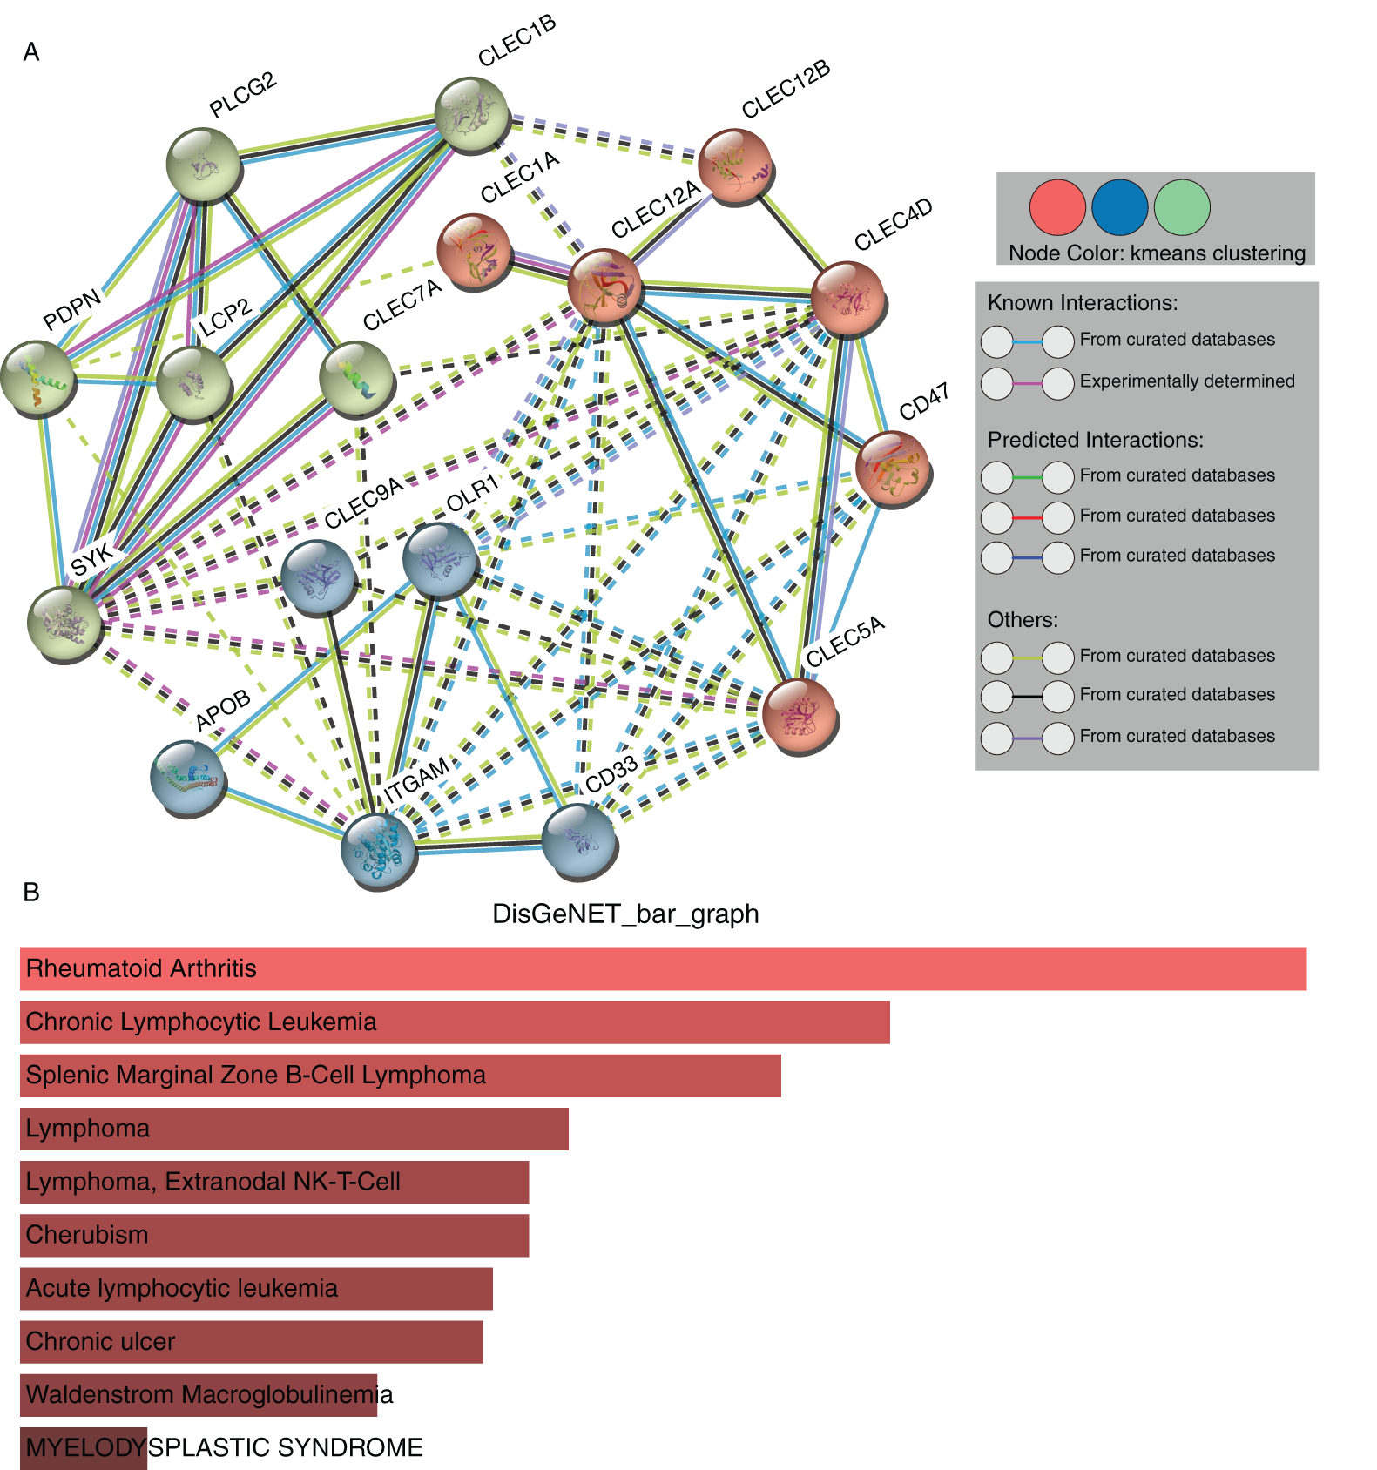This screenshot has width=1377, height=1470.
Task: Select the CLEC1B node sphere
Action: tap(471, 115)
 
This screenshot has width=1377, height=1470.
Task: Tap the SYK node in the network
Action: tap(64, 623)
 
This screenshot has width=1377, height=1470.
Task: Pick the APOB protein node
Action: tap(187, 778)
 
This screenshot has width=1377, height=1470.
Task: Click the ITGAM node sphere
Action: tap(379, 851)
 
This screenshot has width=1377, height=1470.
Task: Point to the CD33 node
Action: tap(578, 841)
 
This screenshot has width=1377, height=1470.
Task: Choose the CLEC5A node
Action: tap(799, 717)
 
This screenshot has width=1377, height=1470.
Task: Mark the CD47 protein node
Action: tap(893, 469)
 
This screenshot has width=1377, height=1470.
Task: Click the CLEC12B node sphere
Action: tap(735, 166)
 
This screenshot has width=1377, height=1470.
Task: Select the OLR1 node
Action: tap(441, 560)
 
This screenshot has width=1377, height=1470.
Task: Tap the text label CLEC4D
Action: tap(893, 224)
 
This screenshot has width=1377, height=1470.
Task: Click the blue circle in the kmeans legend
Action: tap(1119, 207)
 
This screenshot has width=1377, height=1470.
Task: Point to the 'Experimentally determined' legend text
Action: tap(1186, 381)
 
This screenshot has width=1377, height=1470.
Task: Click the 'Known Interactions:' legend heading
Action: tap(1082, 303)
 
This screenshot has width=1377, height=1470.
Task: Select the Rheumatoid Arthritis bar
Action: tap(662, 968)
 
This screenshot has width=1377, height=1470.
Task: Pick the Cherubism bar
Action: tap(274, 1235)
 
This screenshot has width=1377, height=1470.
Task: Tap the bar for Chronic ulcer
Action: tap(251, 1341)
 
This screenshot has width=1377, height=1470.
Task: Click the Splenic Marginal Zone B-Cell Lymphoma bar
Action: tap(400, 1075)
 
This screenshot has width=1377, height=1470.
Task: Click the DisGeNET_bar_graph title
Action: tap(625, 914)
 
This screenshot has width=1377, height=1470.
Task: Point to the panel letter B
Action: tap(31, 892)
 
